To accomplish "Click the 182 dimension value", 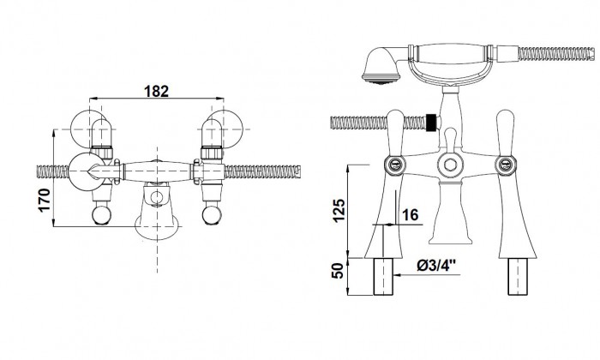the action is (156, 91).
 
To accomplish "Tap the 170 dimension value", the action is (45, 200).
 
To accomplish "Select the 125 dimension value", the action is (339, 210).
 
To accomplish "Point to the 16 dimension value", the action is (411, 214).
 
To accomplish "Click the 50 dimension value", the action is (339, 271).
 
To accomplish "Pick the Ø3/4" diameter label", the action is (436, 265).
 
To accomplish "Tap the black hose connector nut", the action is (431, 123).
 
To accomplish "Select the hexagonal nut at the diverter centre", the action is (450, 165).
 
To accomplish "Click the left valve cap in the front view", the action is (395, 164).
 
